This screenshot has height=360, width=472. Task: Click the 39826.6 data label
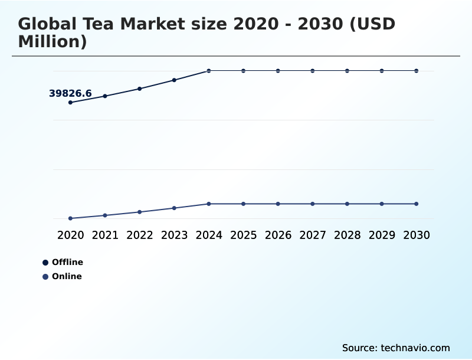[70, 93]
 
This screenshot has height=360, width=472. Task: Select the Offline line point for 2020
[70, 103]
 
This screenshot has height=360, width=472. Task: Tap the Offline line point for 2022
[140, 89]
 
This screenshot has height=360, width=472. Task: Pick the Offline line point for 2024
[209, 71]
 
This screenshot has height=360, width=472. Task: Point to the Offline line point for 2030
[416, 71]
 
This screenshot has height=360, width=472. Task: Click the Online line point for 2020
[70, 218]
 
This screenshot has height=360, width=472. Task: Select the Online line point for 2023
[174, 208]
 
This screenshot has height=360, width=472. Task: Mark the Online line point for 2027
[313, 204]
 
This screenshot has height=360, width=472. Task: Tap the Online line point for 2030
[416, 204]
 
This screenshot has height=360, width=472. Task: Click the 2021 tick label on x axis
[105, 235]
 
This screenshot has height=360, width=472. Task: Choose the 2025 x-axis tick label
[243, 235]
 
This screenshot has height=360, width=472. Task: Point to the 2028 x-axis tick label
[347, 235]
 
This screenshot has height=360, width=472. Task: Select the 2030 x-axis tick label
[416, 235]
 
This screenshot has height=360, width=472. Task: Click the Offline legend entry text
[67, 262]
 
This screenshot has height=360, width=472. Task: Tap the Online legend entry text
[67, 276]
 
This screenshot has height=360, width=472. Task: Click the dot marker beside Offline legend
[45, 263]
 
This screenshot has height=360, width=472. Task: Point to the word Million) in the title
[53, 42]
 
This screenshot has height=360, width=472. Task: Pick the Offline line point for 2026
[278, 71]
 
